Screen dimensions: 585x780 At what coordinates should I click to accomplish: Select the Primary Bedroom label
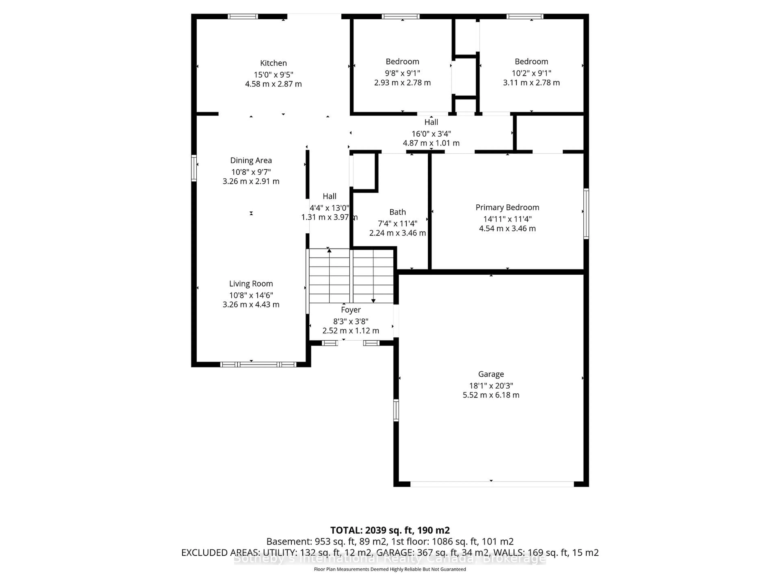(x=507, y=207)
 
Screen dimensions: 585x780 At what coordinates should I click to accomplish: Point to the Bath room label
(x=397, y=212)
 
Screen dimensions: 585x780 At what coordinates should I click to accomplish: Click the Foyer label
(x=351, y=310)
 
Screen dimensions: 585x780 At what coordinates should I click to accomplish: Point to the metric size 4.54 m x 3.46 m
(x=507, y=229)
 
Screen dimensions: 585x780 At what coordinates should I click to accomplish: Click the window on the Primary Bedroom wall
(x=586, y=214)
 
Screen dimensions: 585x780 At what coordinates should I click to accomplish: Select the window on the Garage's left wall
(x=396, y=410)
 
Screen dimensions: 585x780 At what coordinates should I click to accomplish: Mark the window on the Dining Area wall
(x=194, y=168)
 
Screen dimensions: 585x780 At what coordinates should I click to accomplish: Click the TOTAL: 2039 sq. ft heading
(x=390, y=530)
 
